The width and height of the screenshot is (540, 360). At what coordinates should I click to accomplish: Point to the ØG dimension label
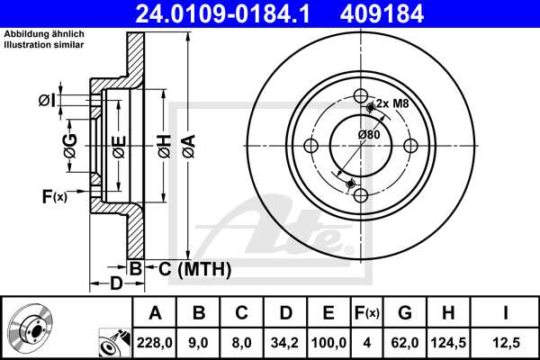pos(69,144)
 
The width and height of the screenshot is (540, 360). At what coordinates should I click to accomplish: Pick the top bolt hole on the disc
pos(361,96)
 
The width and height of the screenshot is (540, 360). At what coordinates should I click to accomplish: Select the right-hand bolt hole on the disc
pos(409,146)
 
